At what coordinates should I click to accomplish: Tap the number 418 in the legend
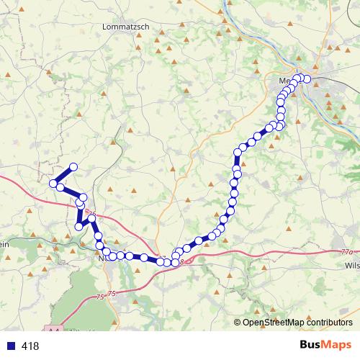30,346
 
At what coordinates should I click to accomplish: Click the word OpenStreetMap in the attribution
274,323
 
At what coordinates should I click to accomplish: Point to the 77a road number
347,252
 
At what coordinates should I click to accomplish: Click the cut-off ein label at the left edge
4,244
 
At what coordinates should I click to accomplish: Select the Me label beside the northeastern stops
284,81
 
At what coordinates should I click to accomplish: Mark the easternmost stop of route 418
307,78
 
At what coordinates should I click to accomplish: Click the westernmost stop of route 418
53,184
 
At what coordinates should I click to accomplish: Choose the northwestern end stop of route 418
73,167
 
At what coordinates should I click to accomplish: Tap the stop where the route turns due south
238,152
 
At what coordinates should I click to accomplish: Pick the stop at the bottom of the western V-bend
79,226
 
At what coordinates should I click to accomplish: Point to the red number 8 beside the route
181,261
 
